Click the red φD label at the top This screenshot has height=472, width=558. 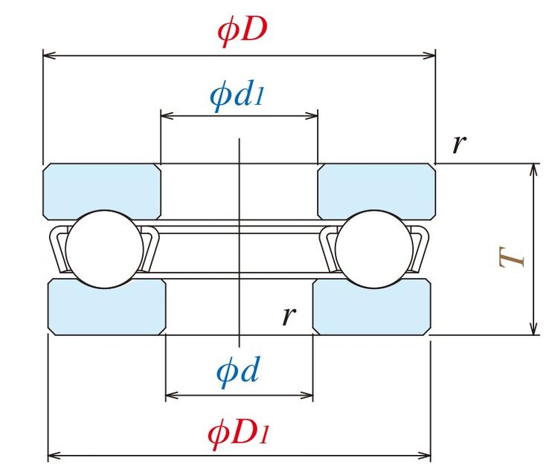pyautogui.click(x=242, y=30)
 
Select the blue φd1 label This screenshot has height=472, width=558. pyautogui.click(x=237, y=95)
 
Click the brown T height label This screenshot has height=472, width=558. pyautogui.click(x=513, y=257)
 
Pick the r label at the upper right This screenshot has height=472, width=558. pyautogui.click(x=459, y=143)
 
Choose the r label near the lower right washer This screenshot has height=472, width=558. pyautogui.click(x=289, y=316)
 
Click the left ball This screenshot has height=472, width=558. pyautogui.click(x=104, y=249)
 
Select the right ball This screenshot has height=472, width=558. pyautogui.click(x=373, y=249)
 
